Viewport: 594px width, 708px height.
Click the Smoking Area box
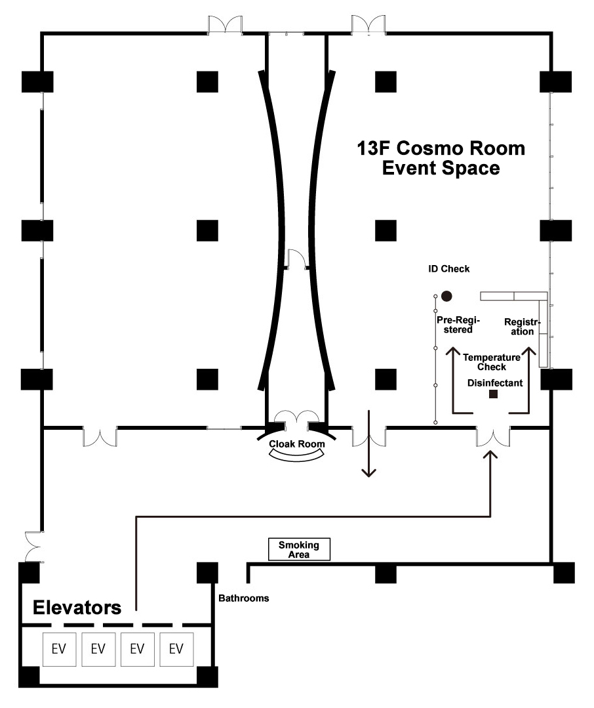pos(299,549)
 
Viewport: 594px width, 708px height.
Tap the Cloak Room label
pos(297,444)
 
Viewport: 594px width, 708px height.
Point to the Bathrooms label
pos(243,598)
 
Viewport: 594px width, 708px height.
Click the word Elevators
pos(77,608)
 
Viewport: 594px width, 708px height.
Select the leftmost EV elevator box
pos(59,650)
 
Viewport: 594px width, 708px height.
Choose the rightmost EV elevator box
pos(176,650)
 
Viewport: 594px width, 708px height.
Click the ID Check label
pos(448,268)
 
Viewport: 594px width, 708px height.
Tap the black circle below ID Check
pos(446,296)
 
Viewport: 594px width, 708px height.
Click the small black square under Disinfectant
pos(494,394)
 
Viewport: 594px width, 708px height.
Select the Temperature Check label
pos(492,362)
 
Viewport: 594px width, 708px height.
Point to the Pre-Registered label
pos(458,325)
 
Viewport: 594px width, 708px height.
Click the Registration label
pos(523,327)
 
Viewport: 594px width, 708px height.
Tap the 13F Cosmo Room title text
pos(441,148)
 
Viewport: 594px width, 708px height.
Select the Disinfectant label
pos(495,383)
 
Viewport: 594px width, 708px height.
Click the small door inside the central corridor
pos(297,260)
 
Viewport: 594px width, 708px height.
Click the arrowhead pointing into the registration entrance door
pos(490,454)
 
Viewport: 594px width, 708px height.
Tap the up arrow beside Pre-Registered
pos(453,380)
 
